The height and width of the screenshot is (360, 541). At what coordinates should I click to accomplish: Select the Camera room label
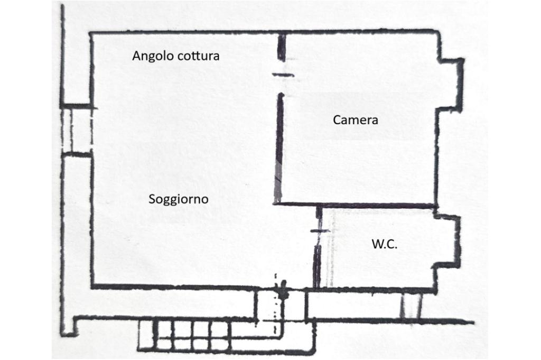356,120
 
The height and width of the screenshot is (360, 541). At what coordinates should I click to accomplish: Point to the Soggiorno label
179,199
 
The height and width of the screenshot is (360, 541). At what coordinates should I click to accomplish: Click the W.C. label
385,244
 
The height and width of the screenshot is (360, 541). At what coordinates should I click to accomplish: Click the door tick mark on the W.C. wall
319,231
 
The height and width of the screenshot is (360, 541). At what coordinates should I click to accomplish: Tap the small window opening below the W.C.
411,306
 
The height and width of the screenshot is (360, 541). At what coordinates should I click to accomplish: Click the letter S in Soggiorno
152,199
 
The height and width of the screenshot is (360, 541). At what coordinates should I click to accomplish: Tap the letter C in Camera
337,120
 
